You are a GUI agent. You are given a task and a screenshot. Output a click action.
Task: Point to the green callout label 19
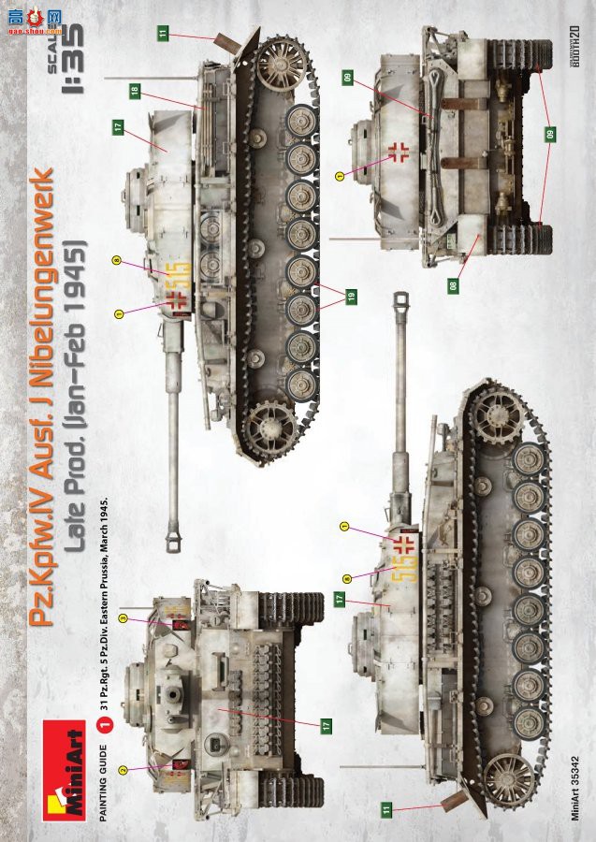(x=350, y=297)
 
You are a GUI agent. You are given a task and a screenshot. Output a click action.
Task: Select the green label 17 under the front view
(x=325, y=724)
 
